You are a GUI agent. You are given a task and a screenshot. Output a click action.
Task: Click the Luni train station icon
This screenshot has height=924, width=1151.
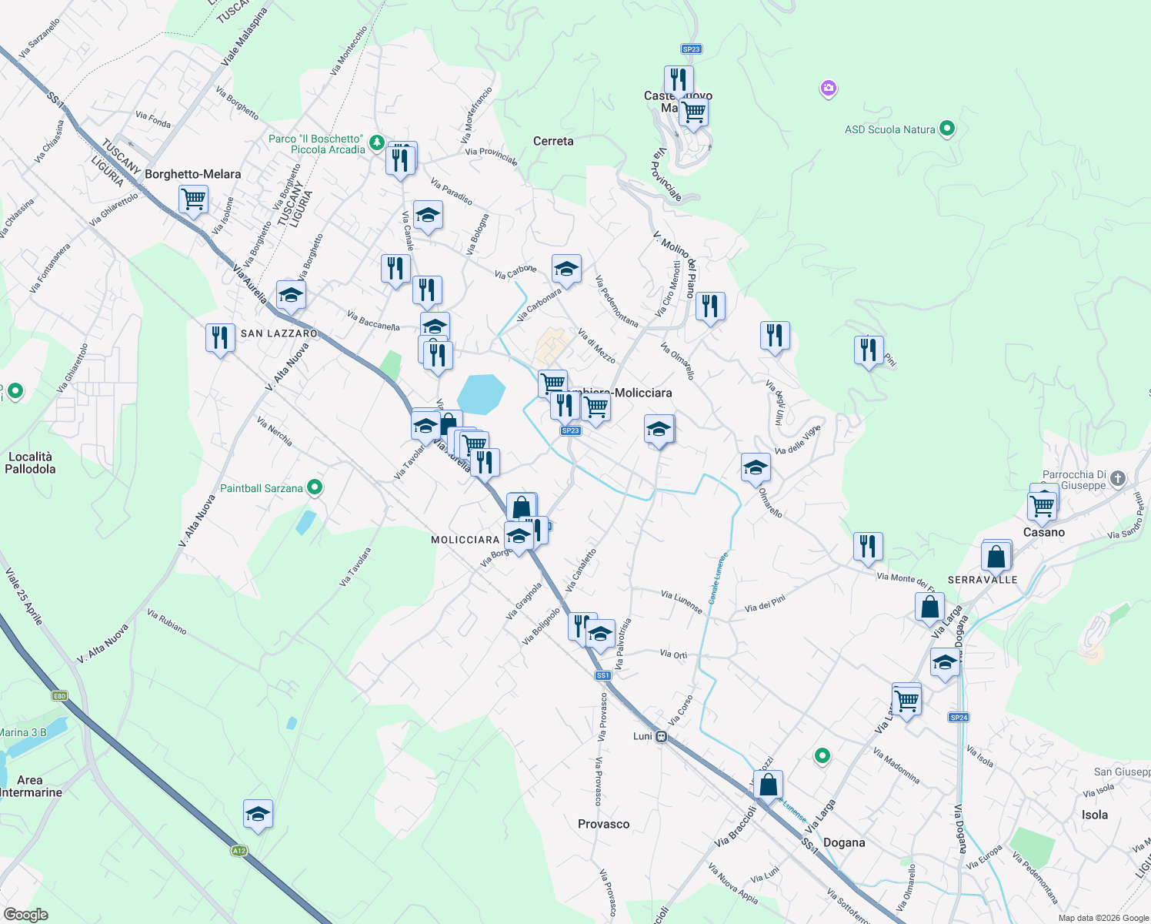661,737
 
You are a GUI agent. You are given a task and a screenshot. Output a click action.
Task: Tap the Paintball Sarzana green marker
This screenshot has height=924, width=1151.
314,487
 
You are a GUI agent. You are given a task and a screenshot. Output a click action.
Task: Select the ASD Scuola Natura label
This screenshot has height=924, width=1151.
889,129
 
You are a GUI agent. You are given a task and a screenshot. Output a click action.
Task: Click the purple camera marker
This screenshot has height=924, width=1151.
828,89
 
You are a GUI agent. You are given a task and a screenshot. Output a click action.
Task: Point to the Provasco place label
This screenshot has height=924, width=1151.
603,824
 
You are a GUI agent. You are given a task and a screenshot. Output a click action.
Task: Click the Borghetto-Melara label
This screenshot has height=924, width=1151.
192,174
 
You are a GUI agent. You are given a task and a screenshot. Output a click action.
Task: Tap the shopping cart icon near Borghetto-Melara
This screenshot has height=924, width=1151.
193,199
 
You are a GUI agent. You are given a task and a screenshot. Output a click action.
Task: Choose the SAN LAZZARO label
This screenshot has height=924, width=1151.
279,333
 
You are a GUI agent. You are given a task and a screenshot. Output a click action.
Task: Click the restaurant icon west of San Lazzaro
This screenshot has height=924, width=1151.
220,337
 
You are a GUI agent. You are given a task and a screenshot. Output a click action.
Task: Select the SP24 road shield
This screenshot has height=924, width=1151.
959,718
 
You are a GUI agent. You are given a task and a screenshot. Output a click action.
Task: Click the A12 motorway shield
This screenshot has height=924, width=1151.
239,851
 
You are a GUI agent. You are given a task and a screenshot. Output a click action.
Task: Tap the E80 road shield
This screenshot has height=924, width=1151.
60,696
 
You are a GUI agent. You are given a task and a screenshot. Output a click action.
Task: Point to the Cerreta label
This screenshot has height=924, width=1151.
553,141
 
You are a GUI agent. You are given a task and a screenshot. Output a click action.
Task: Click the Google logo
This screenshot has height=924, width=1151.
25,915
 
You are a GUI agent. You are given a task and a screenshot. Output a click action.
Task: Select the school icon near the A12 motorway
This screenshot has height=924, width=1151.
258,814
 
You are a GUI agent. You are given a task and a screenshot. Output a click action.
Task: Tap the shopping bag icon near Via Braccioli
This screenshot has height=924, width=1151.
768,785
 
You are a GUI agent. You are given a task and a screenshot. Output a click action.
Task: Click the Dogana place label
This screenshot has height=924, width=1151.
844,842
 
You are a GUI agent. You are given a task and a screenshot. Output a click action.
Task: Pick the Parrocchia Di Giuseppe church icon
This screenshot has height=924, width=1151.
1118,479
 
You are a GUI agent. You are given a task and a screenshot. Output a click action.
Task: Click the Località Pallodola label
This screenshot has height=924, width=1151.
31,463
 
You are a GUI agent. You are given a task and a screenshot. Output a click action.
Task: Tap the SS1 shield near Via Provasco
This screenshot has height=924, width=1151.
602,675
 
